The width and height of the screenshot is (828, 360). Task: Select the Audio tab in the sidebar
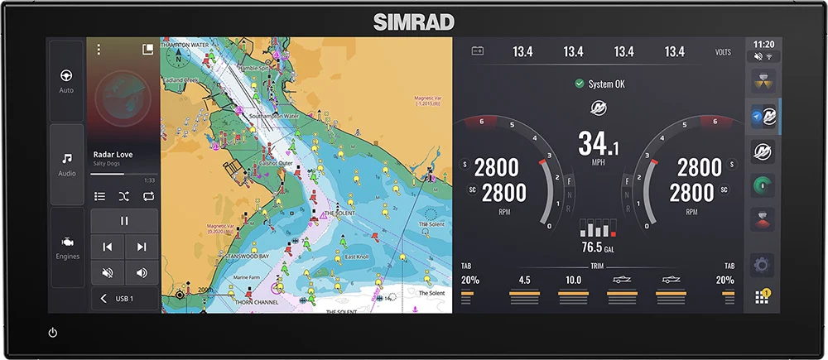(66, 163)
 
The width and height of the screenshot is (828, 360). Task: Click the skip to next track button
(142, 247)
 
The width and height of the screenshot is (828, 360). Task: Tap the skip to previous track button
(107, 247)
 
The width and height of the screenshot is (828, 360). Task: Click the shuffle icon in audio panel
(123, 196)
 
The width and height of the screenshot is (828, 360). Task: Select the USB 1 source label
(124, 298)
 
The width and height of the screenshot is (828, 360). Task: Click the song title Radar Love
(113, 154)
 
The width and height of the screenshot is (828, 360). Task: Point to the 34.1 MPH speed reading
(598, 145)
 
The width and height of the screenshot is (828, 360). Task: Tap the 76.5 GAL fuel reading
(597, 247)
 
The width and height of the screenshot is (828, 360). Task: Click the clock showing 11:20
(763, 44)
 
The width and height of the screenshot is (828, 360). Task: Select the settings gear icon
(763, 266)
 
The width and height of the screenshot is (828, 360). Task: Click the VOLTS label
(723, 52)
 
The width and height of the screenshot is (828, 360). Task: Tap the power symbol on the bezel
(53, 333)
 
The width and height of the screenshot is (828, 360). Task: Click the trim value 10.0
(573, 280)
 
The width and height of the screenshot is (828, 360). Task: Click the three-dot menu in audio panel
(99, 50)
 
